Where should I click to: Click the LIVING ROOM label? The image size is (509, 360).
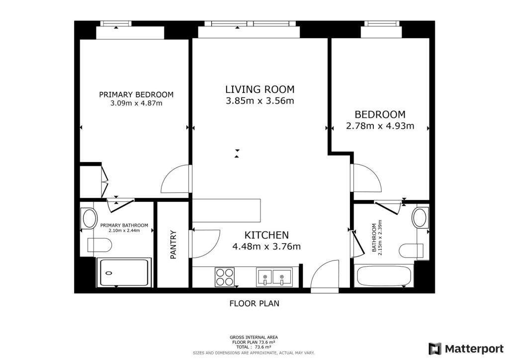[x=259, y=90]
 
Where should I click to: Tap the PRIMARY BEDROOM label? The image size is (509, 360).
[x=136, y=95]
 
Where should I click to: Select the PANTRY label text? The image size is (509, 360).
[x=173, y=245]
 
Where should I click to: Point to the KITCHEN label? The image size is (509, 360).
[x=266, y=235]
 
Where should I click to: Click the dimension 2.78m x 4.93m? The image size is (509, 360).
[x=380, y=126]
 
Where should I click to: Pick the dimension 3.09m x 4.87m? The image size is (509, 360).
[x=136, y=103]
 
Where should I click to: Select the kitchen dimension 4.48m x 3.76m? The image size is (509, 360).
[x=266, y=247]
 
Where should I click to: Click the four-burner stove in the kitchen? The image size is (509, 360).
[x=225, y=277]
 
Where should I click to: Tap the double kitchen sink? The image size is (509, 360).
[x=274, y=277]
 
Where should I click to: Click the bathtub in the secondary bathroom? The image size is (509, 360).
[x=384, y=275]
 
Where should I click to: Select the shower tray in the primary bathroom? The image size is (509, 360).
[x=124, y=272]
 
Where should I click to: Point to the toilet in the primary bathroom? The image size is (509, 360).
[x=99, y=245]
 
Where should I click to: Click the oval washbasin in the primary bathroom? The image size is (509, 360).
[x=90, y=218]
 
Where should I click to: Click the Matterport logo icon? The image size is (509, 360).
[x=435, y=349]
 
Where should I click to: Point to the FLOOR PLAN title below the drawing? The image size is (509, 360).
[x=254, y=303]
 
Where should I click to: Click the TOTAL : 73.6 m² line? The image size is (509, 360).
[x=254, y=347]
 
